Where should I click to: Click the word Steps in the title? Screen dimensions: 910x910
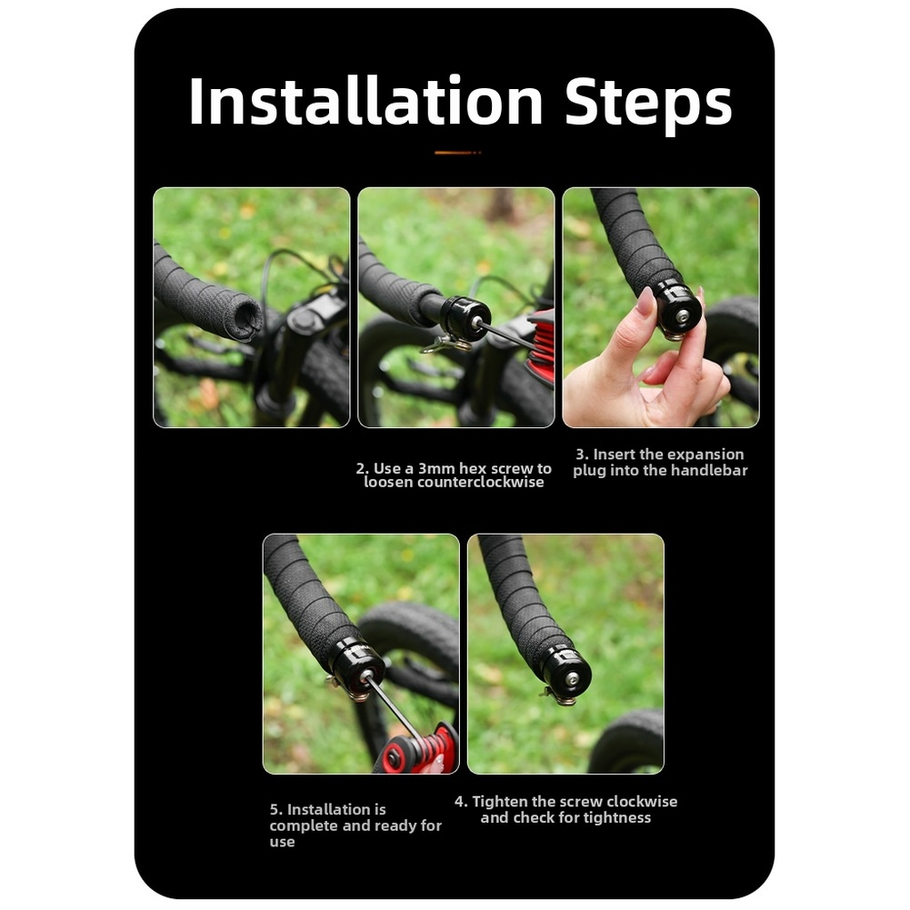[648, 104]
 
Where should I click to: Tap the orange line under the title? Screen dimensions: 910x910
[457, 153]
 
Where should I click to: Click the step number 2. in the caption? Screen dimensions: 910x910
[362, 468]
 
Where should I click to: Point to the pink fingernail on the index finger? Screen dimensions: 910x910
[645, 301]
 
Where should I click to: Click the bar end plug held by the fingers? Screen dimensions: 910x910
[677, 310]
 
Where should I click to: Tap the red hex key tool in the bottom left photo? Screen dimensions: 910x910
[416, 750]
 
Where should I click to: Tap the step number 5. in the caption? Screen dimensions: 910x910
[275, 810]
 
